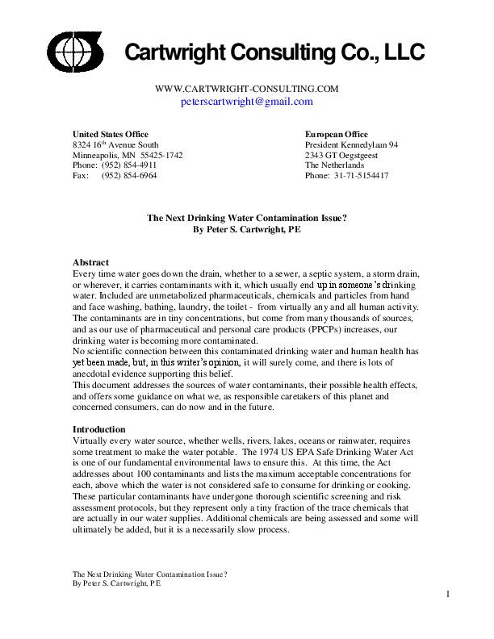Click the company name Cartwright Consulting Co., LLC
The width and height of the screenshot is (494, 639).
pyautogui.click(x=274, y=53)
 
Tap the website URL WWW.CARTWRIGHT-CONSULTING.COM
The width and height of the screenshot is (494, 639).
pyautogui.click(x=245, y=89)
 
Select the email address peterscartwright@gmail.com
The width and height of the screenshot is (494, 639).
pyautogui.click(x=246, y=102)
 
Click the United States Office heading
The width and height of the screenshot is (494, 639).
pyautogui.click(x=111, y=134)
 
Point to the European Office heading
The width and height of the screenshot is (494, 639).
pyautogui.click(x=337, y=134)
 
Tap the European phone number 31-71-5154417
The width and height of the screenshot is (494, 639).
pyautogui.click(x=361, y=175)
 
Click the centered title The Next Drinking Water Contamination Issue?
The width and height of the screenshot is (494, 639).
pyautogui.click(x=247, y=217)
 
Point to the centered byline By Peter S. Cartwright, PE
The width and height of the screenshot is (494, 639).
pyautogui.click(x=247, y=228)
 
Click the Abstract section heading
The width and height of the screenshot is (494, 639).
pyautogui.click(x=91, y=263)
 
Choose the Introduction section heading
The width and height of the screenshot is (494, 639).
pyautogui.click(x=99, y=429)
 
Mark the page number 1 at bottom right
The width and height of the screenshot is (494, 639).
pyautogui.click(x=446, y=595)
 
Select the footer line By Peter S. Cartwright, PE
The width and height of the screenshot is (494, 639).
pyautogui.click(x=116, y=582)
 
